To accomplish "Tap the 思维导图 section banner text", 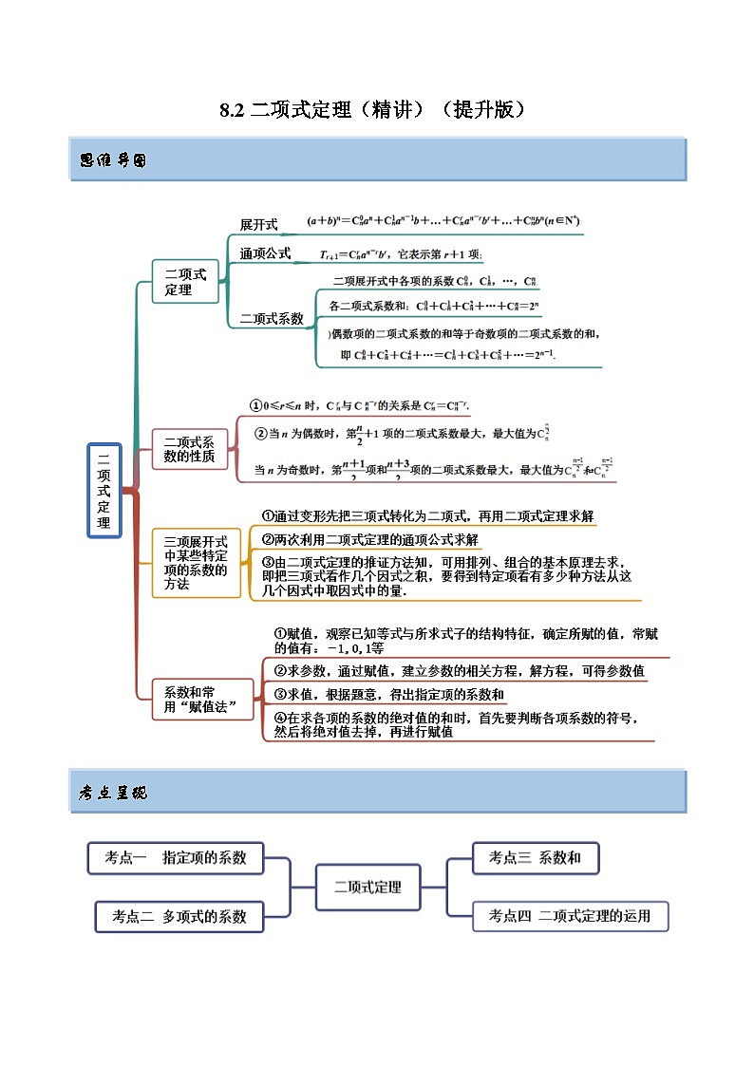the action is (x=112, y=160).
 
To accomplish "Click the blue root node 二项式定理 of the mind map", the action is (x=104, y=490).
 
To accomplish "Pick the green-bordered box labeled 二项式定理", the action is (x=178, y=281).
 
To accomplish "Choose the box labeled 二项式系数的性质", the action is (x=190, y=449).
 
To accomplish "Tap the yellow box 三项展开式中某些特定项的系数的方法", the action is (x=196, y=563).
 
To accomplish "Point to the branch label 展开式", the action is (x=258, y=225).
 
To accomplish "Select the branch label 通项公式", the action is (x=265, y=254).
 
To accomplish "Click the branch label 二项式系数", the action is (x=271, y=319).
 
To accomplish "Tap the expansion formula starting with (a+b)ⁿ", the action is (x=443, y=221).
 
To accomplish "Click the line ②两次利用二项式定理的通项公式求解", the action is (x=370, y=539).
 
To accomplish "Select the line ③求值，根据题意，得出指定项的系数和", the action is (x=383, y=695).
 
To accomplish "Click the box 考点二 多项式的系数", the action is (x=179, y=916).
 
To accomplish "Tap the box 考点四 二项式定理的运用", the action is (x=570, y=916).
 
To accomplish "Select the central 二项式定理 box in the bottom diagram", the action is (x=368, y=888).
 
